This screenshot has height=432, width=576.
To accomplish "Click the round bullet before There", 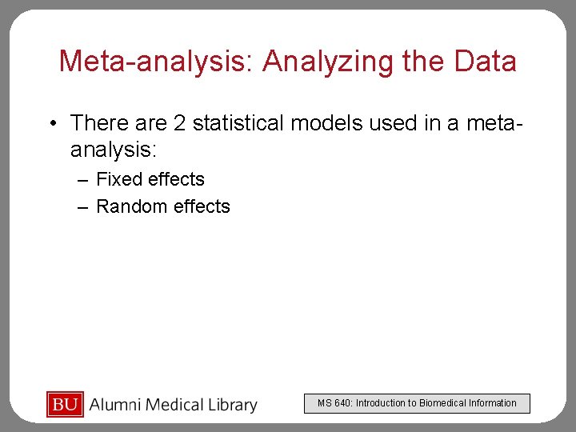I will click(x=51, y=124).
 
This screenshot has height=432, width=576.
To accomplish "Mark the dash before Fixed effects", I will click(x=82, y=180).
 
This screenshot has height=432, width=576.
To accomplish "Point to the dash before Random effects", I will click(x=82, y=207).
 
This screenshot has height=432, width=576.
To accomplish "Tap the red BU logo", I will click(x=65, y=405).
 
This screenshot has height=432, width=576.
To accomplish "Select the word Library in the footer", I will click(x=230, y=406).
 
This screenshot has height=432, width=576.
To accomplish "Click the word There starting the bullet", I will click(x=98, y=123).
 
